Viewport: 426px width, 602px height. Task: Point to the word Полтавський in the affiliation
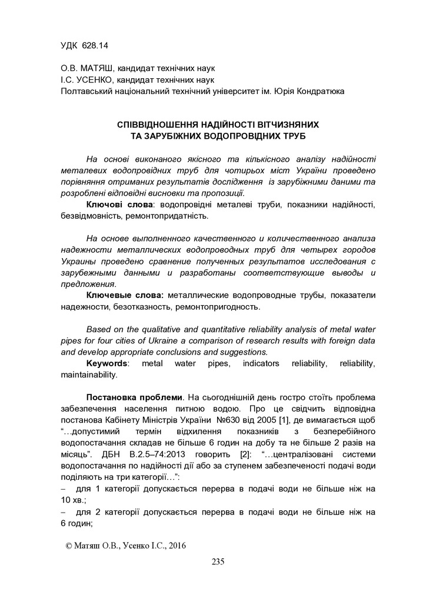click(86, 91)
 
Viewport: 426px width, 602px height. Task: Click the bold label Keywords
click(107, 363)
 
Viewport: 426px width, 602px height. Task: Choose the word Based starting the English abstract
click(98, 329)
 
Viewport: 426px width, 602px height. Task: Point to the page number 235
click(218, 562)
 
